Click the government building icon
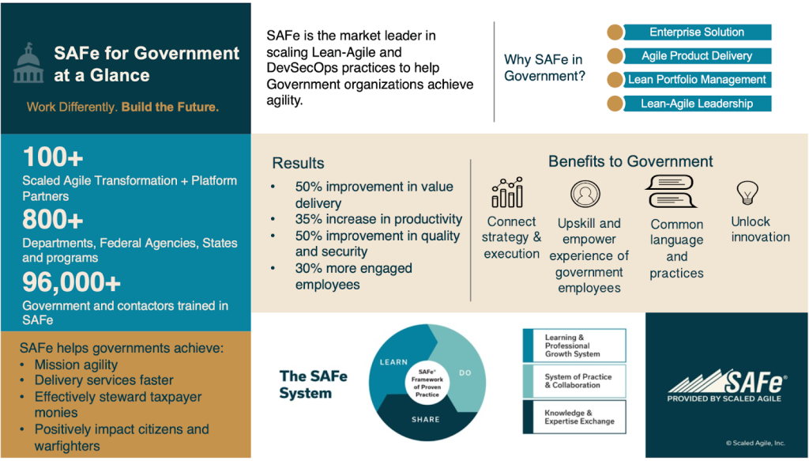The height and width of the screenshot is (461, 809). click(28, 65)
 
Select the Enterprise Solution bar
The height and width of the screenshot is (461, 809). click(696, 32)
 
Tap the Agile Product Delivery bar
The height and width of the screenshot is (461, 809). click(696, 56)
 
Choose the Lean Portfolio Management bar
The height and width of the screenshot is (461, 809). click(696, 80)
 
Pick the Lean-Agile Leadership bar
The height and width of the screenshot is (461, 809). click(696, 104)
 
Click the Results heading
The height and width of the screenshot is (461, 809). click(298, 164)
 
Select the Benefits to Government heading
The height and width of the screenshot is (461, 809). click(630, 162)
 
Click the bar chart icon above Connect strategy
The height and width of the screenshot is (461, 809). click(507, 192)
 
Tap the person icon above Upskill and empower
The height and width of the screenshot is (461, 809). click(585, 194)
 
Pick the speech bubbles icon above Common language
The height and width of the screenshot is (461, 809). click(672, 192)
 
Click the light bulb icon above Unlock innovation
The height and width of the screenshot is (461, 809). click(747, 193)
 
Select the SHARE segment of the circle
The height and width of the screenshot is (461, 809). click(426, 420)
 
